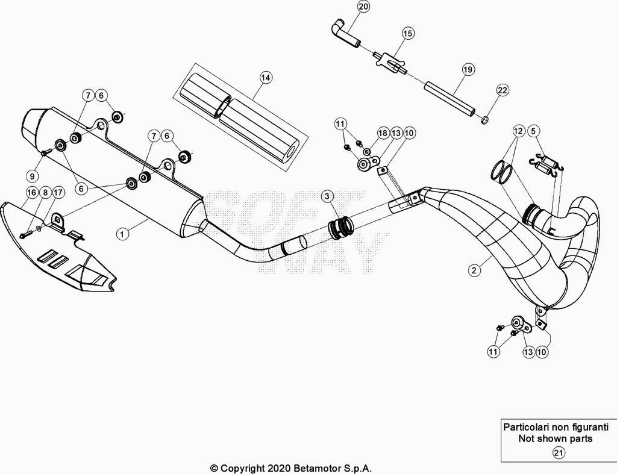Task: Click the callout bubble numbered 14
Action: click(x=266, y=78)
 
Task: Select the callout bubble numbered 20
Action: click(x=363, y=7)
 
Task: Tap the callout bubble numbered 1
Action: click(x=122, y=234)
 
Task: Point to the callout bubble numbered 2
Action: click(x=475, y=270)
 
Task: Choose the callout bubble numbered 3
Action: click(x=327, y=196)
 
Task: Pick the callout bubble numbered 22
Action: click(x=503, y=90)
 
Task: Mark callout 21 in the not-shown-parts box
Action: click(x=559, y=453)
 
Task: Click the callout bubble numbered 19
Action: click(x=468, y=70)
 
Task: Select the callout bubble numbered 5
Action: click(x=533, y=131)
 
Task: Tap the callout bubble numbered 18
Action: click(x=383, y=133)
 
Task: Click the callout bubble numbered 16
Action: click(x=33, y=192)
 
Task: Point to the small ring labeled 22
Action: click(x=486, y=119)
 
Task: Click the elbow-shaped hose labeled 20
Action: click(x=345, y=35)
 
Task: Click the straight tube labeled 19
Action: click(x=449, y=99)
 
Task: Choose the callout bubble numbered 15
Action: click(x=408, y=34)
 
